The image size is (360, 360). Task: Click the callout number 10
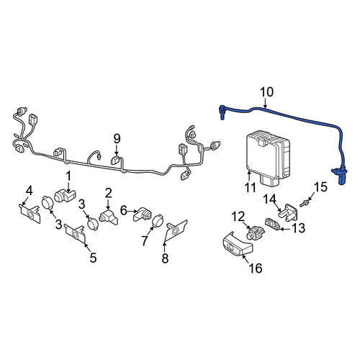click(x=266, y=92)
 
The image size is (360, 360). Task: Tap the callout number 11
click(x=250, y=186)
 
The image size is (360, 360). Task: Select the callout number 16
click(x=256, y=268)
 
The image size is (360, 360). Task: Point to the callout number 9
click(x=117, y=139)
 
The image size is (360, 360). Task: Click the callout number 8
click(x=165, y=258)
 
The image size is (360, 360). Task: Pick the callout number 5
click(x=93, y=258)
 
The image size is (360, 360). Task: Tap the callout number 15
click(x=321, y=187)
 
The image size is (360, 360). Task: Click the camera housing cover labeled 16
click(x=238, y=246)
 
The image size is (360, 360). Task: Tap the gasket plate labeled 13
click(x=273, y=224)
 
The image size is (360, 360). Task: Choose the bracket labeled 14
click(x=289, y=211)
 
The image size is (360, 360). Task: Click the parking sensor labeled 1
click(x=65, y=196)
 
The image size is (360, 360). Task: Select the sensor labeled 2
click(x=109, y=217)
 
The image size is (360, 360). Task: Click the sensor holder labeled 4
click(x=30, y=213)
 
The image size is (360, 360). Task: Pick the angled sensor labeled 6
click(x=143, y=214)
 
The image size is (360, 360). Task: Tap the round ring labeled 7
click(x=158, y=220)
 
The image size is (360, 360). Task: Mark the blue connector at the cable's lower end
click(x=341, y=176)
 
